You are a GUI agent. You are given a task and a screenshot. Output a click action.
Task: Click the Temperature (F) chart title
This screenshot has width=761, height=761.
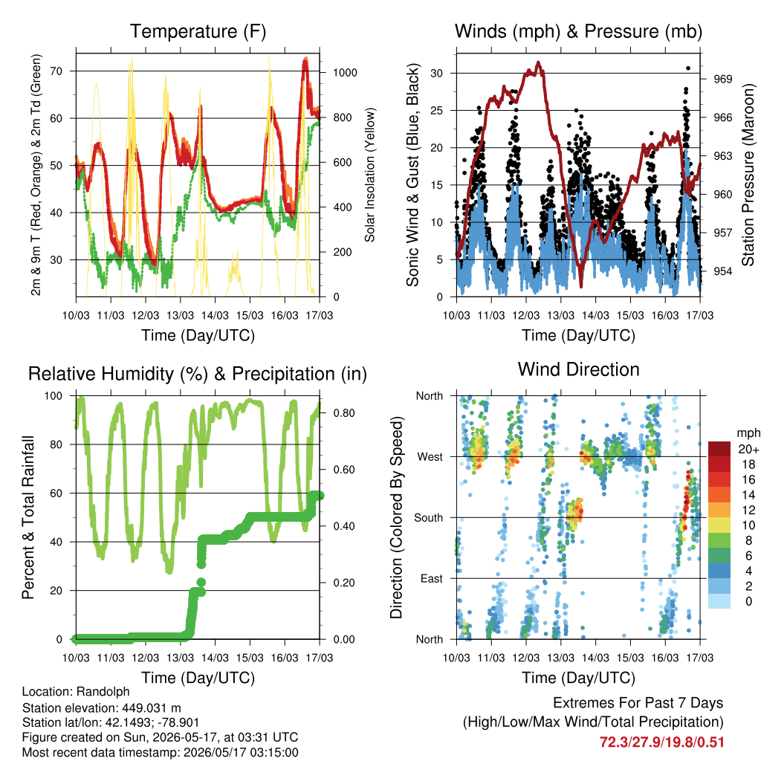tap(198, 31)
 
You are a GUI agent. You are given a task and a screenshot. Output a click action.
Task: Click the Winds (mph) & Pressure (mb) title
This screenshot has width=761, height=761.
tap(578, 31)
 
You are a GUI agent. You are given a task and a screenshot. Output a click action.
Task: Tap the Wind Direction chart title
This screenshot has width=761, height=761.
tap(578, 369)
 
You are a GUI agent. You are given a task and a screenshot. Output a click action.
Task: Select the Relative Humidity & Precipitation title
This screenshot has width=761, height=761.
tap(198, 375)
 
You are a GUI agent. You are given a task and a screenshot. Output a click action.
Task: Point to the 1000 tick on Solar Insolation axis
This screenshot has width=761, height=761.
tap(345, 73)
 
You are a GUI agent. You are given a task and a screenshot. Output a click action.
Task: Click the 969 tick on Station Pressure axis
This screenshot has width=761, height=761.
tap(722, 79)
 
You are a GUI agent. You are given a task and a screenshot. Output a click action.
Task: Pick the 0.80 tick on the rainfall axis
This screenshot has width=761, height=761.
tap(344, 413)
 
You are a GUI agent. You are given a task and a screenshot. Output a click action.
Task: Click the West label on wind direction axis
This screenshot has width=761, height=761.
tap(430, 457)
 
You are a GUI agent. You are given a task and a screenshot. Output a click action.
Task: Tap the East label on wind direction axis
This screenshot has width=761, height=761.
tap(432, 578)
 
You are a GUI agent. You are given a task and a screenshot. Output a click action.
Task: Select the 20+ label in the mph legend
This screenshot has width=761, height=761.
tap(748, 449)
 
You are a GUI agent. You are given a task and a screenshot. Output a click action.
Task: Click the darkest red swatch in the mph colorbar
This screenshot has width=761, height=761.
tap(719, 449)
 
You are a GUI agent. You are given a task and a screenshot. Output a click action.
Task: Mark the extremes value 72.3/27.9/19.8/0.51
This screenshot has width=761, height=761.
tap(662, 742)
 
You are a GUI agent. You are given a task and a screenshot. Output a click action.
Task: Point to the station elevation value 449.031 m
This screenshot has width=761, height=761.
tap(149, 707)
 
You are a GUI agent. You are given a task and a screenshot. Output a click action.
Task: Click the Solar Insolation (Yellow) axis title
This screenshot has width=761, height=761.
tap(370, 175)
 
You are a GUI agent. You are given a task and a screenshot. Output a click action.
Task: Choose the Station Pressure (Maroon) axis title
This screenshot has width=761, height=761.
tap(748, 175)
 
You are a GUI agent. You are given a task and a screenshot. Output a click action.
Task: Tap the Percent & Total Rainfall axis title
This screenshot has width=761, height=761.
tap(28, 517)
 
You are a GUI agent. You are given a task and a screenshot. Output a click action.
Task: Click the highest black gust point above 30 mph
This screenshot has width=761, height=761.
tap(688, 68)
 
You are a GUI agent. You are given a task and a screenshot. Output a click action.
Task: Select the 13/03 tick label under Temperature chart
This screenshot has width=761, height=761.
tap(180, 315)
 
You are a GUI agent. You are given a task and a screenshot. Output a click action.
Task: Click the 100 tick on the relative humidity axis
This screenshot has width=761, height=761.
tap(54, 396)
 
